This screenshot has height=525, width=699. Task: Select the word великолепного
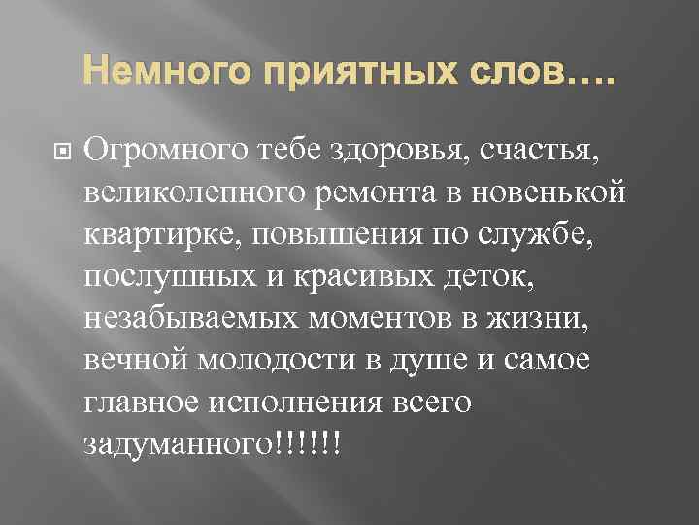pyautogui.click(x=197, y=193)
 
